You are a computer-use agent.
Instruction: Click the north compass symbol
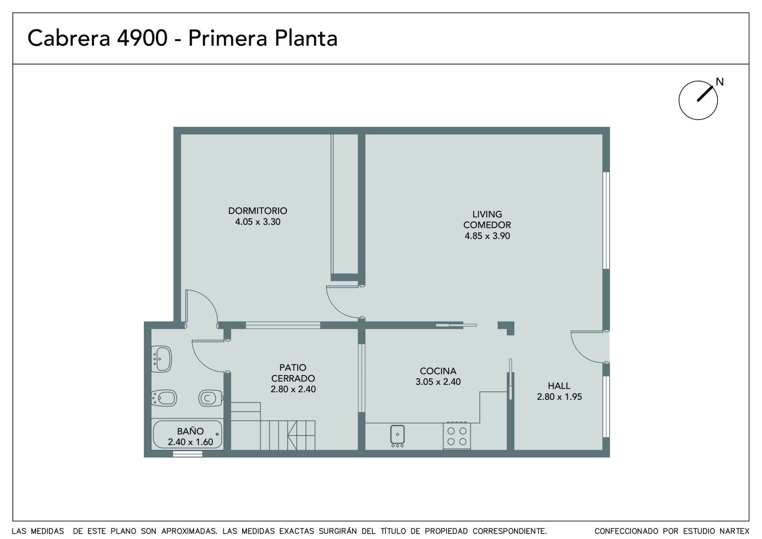tap(698, 100)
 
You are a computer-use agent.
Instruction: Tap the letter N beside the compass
tap(720, 81)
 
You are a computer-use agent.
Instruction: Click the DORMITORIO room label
tap(258, 211)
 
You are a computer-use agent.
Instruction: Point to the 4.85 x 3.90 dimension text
tap(487, 236)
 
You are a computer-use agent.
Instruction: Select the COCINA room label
tap(438, 371)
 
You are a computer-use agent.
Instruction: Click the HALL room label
tap(559, 386)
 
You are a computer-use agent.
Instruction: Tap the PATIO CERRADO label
tap(293, 373)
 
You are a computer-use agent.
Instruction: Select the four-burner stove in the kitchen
tap(457, 436)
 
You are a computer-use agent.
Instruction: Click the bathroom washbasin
tap(161, 359)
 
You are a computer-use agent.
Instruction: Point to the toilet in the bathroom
tap(211, 397)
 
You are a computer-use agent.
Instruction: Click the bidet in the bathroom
tap(164, 397)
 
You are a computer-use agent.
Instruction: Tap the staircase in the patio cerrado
tap(273, 427)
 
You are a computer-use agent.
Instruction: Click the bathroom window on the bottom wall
tap(188, 454)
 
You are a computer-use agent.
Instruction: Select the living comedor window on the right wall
tap(606, 221)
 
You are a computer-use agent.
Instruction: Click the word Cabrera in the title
tap(69, 38)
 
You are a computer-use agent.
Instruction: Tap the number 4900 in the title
tap(142, 38)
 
